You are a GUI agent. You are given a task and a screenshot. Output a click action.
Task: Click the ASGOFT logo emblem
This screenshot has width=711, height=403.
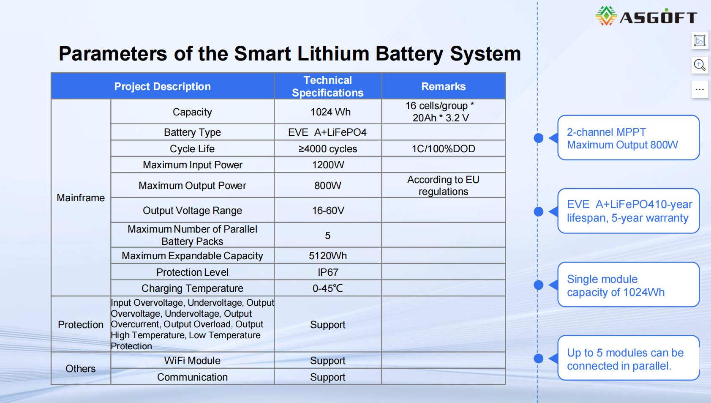click(606, 16)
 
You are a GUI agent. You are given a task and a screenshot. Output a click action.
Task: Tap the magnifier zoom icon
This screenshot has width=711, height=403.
click(700, 65)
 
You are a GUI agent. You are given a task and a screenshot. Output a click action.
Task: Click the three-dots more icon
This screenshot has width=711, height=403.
click(700, 90)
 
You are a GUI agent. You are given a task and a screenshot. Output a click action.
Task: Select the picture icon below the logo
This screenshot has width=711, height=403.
click(700, 41)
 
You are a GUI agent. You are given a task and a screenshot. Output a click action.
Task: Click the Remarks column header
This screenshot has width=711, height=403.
click(444, 86)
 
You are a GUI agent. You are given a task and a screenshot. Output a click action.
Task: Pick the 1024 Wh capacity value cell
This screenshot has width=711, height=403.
click(330, 112)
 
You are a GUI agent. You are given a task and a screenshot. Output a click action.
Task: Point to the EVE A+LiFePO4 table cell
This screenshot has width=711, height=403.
click(327, 132)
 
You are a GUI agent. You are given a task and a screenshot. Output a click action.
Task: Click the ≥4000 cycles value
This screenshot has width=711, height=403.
click(327, 149)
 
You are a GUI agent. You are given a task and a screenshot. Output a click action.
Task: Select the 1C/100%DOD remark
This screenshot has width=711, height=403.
click(444, 149)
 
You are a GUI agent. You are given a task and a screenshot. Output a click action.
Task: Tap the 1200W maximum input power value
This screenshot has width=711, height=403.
click(328, 165)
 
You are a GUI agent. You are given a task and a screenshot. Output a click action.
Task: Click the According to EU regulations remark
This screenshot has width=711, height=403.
click(443, 186)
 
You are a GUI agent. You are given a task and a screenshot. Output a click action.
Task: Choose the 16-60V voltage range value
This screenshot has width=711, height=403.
click(328, 211)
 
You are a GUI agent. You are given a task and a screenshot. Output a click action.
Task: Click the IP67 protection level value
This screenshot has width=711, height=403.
click(328, 272)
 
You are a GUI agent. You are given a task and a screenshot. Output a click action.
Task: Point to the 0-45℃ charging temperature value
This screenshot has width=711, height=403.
click(327, 288)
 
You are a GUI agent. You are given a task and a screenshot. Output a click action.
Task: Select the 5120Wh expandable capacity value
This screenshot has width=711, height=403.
click(328, 256)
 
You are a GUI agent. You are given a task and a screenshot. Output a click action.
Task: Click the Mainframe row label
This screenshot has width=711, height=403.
click(81, 198)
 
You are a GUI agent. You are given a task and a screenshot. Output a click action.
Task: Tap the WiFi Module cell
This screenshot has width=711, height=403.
click(192, 361)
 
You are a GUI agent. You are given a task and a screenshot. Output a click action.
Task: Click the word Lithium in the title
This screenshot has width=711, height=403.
click(333, 53)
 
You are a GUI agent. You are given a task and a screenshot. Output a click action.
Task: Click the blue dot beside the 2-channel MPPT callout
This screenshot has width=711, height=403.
click(539, 138)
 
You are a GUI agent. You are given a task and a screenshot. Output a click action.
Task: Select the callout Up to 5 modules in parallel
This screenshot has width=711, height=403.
click(629, 358)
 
